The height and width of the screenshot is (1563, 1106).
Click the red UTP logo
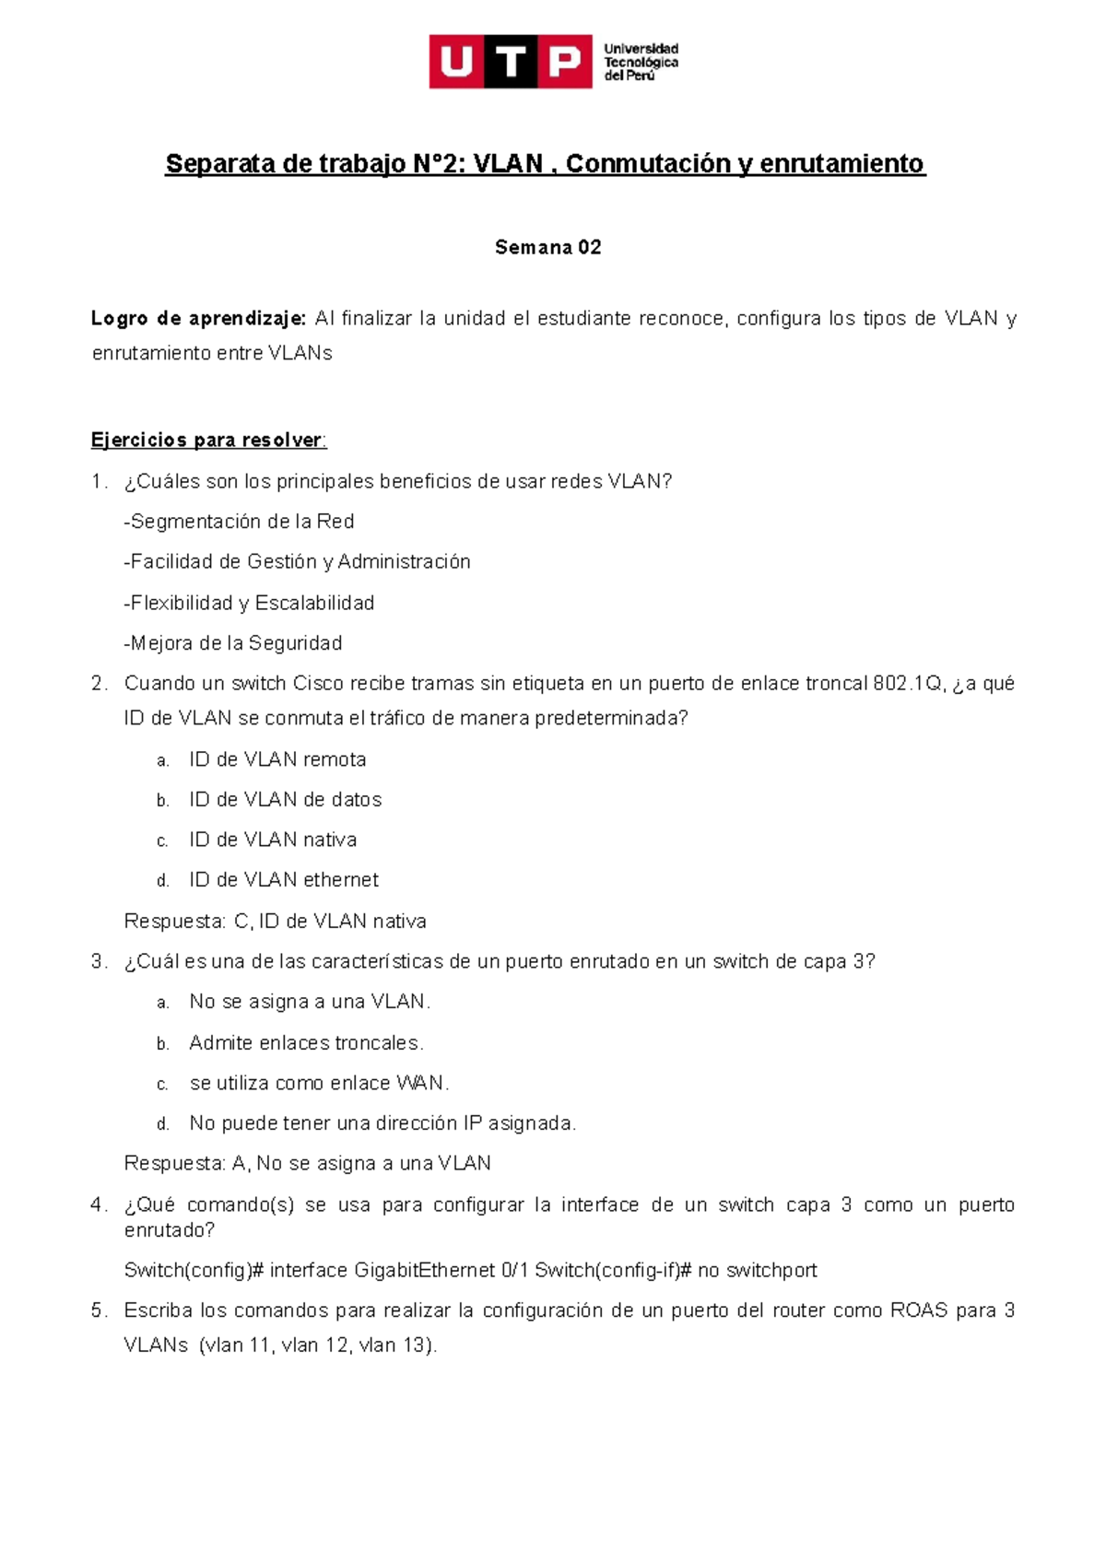tap(511, 62)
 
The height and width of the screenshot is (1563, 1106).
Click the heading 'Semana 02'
tap(547, 247)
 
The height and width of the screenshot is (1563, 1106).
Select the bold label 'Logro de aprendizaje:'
tap(198, 319)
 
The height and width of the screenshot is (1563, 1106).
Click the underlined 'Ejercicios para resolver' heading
tap(207, 441)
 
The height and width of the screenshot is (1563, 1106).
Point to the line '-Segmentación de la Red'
tap(239, 522)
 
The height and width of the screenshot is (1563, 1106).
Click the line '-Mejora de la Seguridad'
tap(233, 643)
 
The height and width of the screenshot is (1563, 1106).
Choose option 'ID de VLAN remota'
tap(277, 759)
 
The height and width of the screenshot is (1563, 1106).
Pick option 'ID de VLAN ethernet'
tap(284, 880)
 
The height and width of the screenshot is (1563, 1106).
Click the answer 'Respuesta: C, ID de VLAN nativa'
tap(275, 922)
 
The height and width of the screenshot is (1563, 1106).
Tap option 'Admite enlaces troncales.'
tap(306, 1043)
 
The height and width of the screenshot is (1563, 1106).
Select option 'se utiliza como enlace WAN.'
tap(319, 1084)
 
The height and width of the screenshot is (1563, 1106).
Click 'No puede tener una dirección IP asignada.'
tap(382, 1123)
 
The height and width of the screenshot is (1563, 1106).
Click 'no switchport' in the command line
tap(758, 1271)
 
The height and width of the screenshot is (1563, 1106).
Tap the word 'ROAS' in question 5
tap(918, 1310)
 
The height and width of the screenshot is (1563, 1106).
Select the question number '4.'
tap(100, 1205)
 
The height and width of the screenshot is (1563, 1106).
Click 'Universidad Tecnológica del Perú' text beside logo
tap(641, 62)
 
